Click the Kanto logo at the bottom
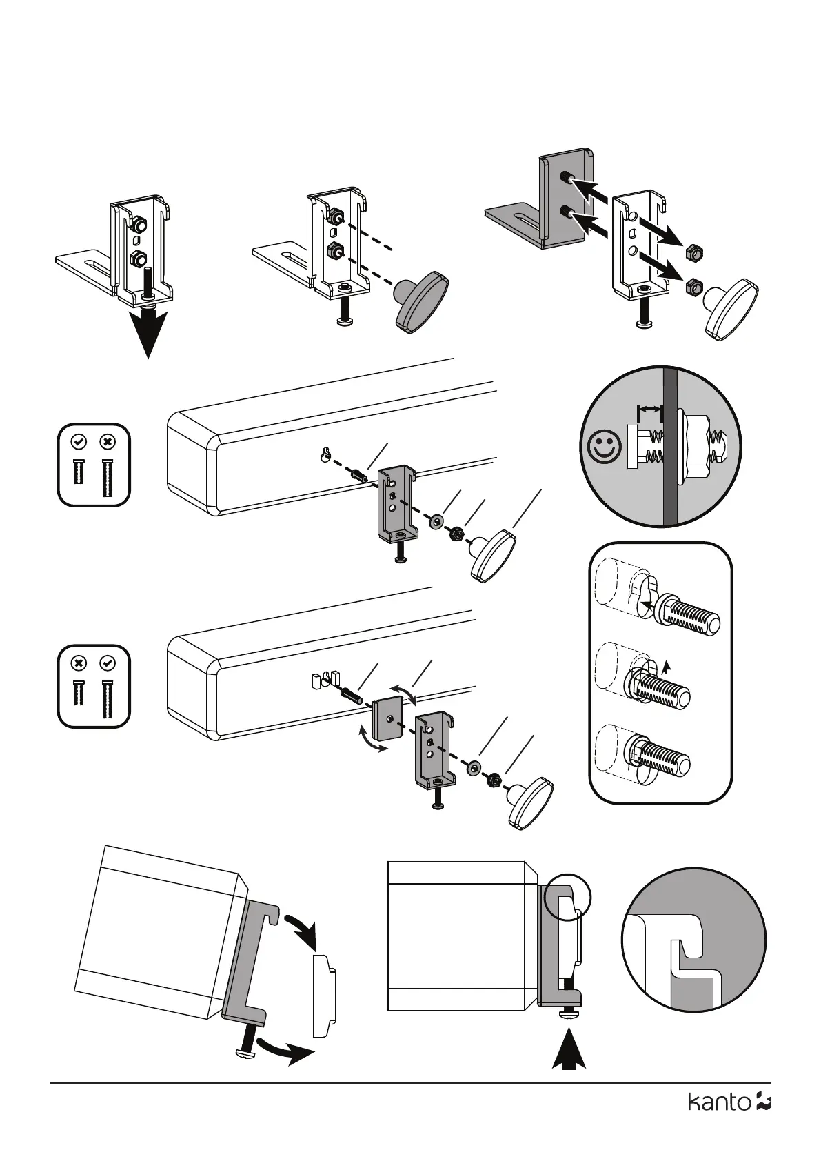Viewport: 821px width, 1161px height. click(x=729, y=1121)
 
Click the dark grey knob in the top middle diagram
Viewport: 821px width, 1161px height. click(x=421, y=301)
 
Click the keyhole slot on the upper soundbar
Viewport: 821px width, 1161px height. click(x=325, y=454)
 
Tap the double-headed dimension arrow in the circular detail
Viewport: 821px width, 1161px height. click(x=649, y=411)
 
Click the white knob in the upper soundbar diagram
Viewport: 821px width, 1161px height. click(x=494, y=555)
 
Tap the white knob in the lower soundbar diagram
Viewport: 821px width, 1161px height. click(x=530, y=803)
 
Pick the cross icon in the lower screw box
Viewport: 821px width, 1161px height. click(x=79, y=663)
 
